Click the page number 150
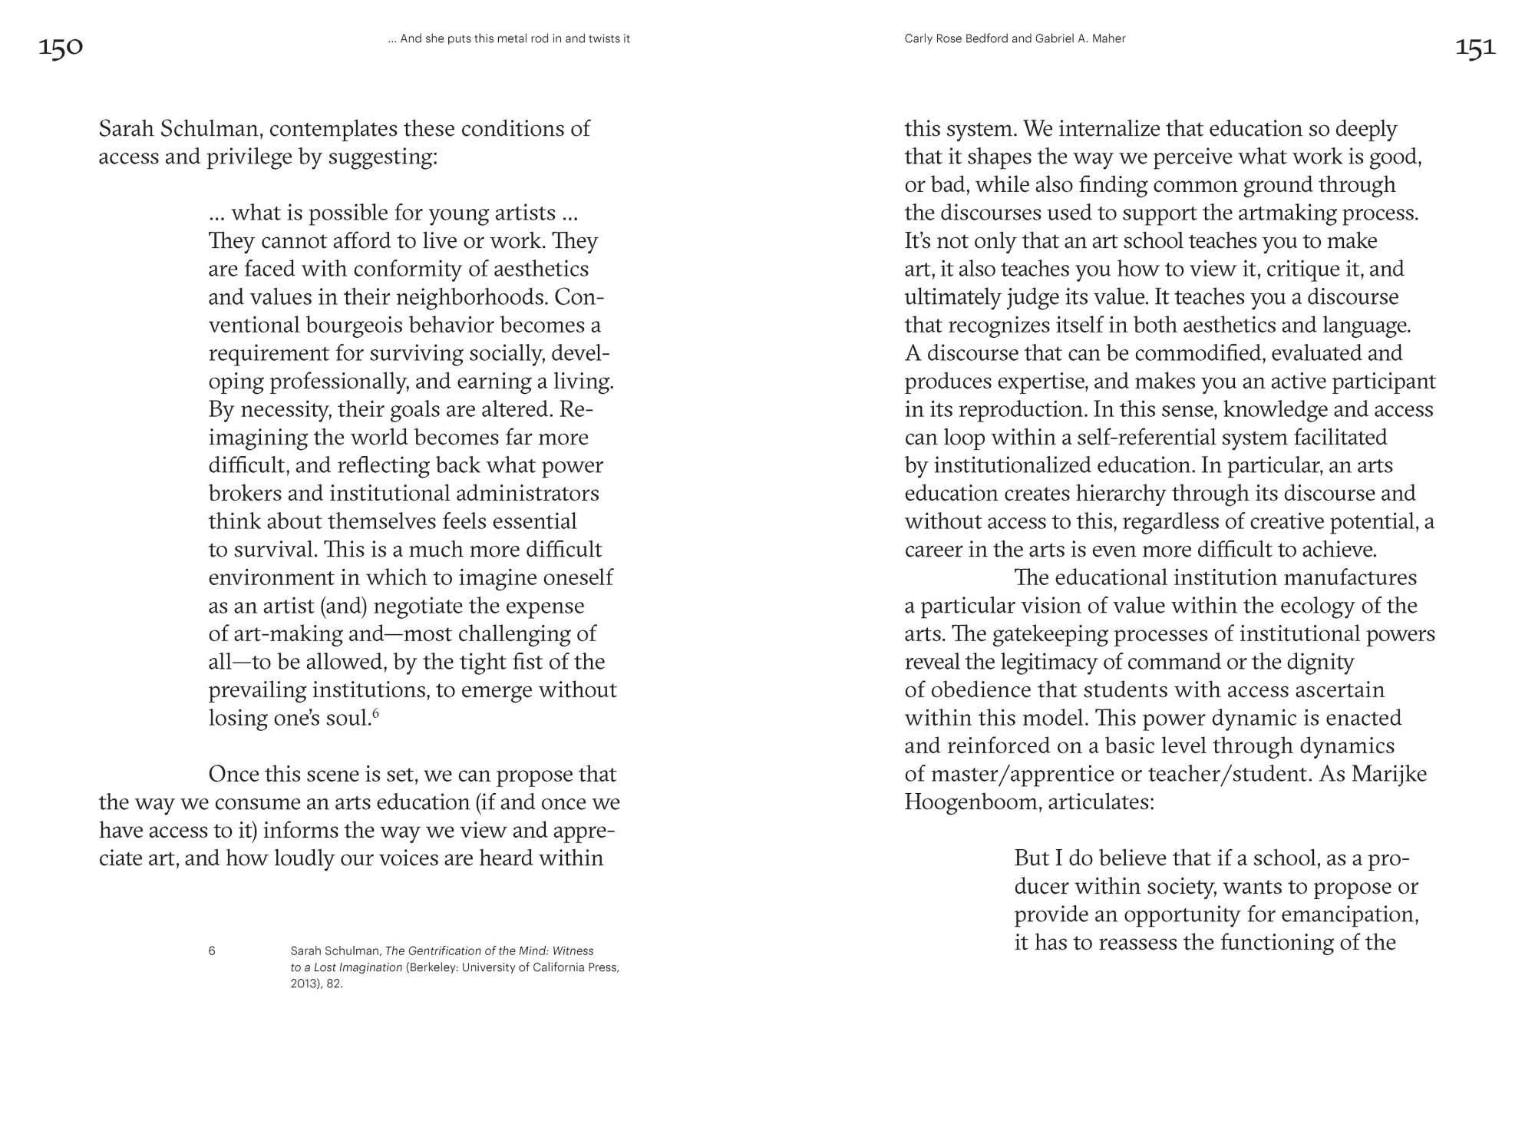(61, 48)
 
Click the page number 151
(1475, 48)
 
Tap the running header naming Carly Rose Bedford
(1015, 38)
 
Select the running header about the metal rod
(509, 38)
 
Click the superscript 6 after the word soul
(376, 713)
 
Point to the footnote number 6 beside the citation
(212, 950)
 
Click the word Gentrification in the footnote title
(444, 950)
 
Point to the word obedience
(978, 690)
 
